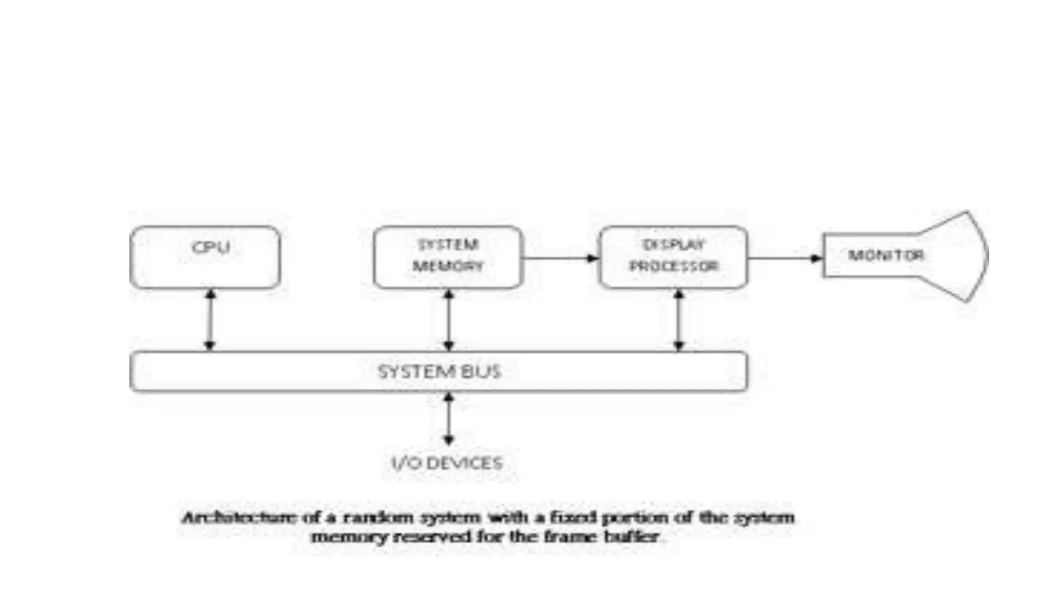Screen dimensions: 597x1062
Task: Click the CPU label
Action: point(211,247)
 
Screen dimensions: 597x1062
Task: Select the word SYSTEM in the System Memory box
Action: point(448,245)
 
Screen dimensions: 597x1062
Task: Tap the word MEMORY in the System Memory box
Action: point(448,266)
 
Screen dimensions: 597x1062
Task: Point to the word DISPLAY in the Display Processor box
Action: point(674,245)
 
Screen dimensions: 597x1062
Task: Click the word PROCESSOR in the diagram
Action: point(674,266)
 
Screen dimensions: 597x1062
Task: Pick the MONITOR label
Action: point(886,255)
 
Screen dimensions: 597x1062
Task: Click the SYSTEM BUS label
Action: point(439,372)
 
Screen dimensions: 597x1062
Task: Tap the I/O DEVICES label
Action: point(447,463)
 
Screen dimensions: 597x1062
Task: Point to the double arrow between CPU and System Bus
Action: point(210,320)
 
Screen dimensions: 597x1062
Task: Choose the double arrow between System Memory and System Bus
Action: point(449,320)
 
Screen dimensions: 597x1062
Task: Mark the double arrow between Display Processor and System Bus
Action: point(679,320)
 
